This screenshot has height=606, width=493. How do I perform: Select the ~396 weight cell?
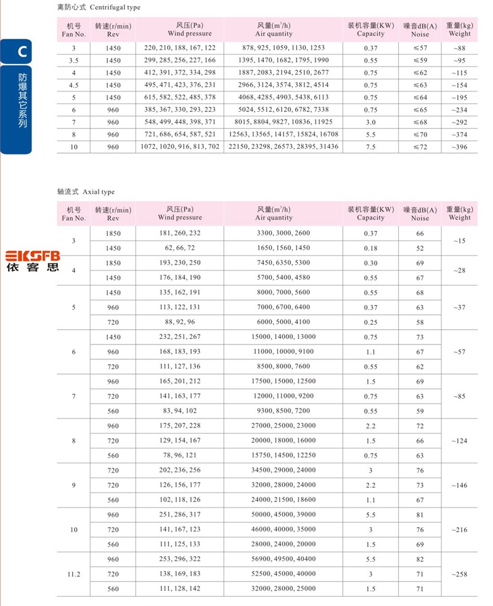point(460,146)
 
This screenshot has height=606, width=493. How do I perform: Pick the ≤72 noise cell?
point(420,146)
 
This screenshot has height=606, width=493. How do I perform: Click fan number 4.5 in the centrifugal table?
point(74,85)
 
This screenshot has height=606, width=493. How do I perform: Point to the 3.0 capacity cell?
point(370,122)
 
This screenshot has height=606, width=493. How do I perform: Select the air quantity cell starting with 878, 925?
point(283,48)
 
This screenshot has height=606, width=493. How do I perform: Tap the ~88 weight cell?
point(460,48)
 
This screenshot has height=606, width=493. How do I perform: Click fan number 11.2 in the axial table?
point(74,574)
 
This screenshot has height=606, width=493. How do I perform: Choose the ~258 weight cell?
point(460,574)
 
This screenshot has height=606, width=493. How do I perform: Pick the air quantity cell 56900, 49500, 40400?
point(283,559)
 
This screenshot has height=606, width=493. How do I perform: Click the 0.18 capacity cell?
point(370,248)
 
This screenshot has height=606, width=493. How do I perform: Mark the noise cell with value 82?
point(420,559)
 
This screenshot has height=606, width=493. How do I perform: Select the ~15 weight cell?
point(460,241)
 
